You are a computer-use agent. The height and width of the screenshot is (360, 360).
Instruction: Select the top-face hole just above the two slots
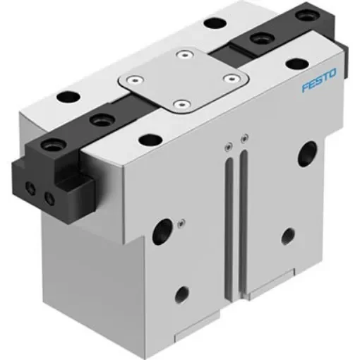pyautogui.click(x=148, y=140)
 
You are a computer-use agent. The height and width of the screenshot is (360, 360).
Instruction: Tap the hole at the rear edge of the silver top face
pyautogui.click(x=210, y=23)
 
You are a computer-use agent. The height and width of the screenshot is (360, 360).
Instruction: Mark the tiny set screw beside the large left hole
pyautogui.click(x=182, y=223)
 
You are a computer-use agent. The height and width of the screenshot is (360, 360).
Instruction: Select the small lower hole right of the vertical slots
pyautogui.click(x=287, y=235)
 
